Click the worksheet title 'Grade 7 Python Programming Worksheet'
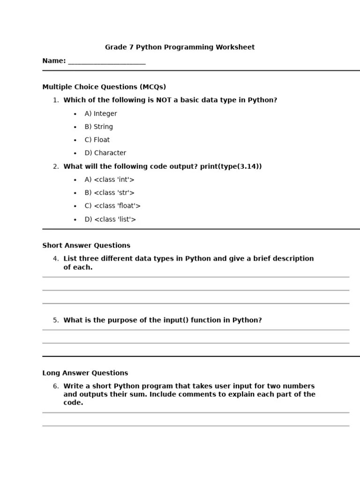pyautogui.click(x=180, y=47)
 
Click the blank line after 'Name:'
pyautogui.click(x=107, y=62)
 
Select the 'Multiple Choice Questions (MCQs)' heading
pyautogui.click(x=104, y=87)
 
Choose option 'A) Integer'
pyautogui.click(x=101, y=114)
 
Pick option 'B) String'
pyautogui.click(x=98, y=127)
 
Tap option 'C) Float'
pyautogui.click(x=97, y=140)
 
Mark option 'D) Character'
pyautogui.click(x=105, y=153)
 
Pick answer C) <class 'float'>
pyautogui.click(x=112, y=206)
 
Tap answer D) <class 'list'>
pyautogui.click(x=110, y=219)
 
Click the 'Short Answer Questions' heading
pyautogui.click(x=86, y=246)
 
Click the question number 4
pyautogui.click(x=56, y=259)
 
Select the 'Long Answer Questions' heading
pyautogui.click(x=85, y=374)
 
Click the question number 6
pyautogui.click(x=56, y=387)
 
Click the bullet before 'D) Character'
pyautogui.click(x=75, y=153)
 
